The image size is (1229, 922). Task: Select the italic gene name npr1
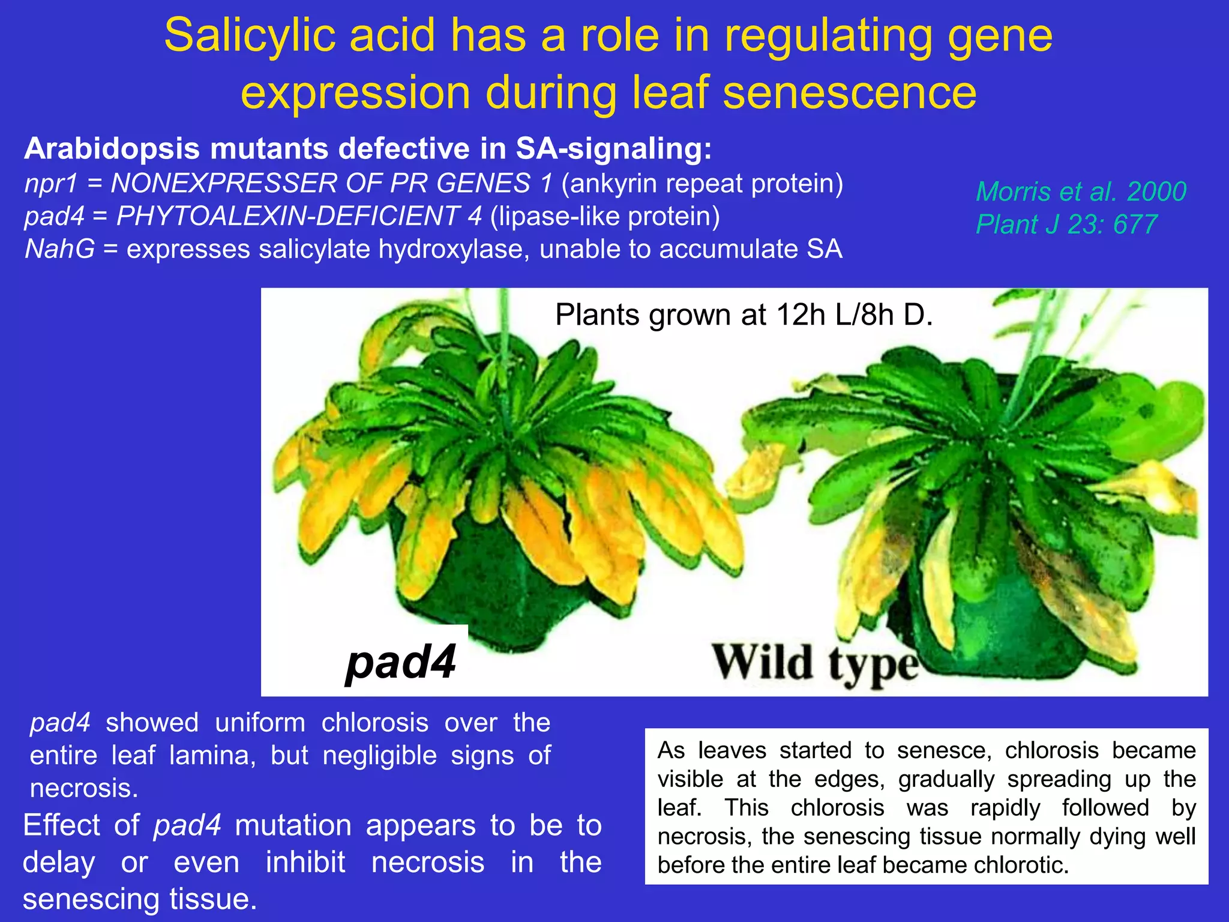51,184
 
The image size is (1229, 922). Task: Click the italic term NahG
59,249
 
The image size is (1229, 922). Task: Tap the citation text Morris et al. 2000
1081,191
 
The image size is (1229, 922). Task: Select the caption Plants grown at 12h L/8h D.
744,315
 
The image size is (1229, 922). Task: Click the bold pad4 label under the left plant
401,661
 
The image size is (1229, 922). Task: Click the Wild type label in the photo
815,663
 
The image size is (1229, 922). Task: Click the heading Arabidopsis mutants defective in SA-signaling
367,149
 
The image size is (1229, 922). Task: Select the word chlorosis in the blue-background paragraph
374,723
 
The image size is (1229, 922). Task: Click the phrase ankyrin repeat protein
702,184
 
